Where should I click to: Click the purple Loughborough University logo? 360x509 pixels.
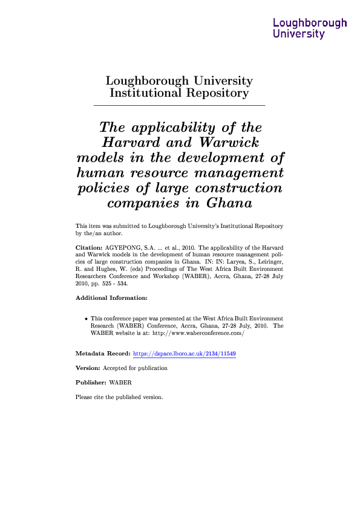pos(310,28)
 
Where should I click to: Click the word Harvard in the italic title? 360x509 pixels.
pos(130,143)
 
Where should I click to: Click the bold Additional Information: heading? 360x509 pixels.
pos(111,298)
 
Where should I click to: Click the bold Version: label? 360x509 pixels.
pos(88,368)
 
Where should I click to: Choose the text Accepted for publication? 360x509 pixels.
pos(135,368)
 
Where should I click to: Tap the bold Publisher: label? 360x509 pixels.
pos(90,383)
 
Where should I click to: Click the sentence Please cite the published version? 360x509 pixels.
pos(119,397)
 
